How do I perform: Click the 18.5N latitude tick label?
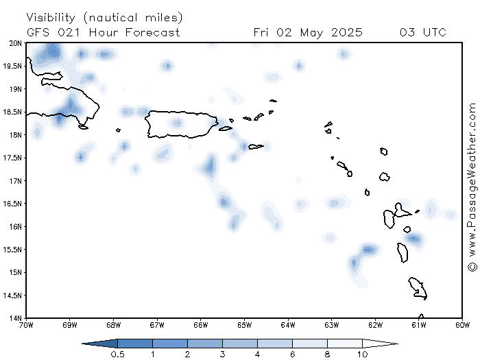pos(12,112)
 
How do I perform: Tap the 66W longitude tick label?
pos(200,325)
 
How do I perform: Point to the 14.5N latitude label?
pos(12,296)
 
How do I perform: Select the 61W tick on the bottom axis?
pos(419,325)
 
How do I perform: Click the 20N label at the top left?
pos(15,43)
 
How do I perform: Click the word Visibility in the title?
pos(51,18)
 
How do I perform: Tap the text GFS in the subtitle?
pos(38,32)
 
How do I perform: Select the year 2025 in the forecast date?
pos(347,32)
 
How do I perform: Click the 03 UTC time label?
pos(423,32)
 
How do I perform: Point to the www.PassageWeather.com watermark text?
pos(472,180)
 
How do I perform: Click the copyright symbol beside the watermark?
pos(472,266)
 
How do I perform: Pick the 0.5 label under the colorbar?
pos(117,355)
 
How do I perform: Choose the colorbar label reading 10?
pos(363,355)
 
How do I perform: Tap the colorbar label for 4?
pos(257,355)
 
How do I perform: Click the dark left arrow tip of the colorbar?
pos(83,344)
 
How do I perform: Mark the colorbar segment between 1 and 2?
pos(170,344)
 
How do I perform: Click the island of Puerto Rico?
pos(181,124)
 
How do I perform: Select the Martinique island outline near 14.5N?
pos(418,288)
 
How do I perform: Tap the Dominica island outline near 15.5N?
pos(403,252)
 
